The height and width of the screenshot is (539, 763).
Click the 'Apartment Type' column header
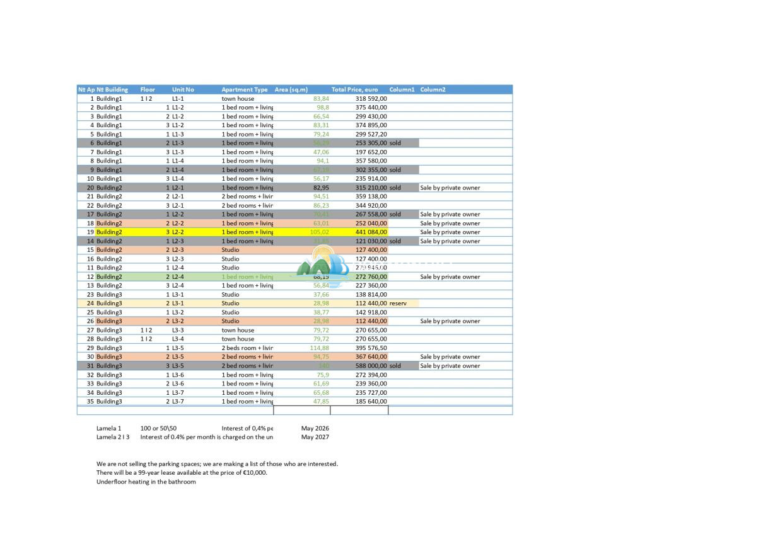click(x=244, y=89)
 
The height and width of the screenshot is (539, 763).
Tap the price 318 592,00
click(x=371, y=99)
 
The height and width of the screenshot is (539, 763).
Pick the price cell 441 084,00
click(x=371, y=232)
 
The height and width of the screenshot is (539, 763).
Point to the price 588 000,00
click(x=371, y=366)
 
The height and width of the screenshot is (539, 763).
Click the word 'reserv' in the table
click(x=398, y=304)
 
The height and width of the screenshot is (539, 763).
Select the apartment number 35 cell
click(x=90, y=402)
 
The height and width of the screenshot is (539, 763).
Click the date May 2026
click(x=315, y=428)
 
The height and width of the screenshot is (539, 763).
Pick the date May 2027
click(x=315, y=437)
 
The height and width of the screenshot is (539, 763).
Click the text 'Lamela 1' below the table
click(x=108, y=428)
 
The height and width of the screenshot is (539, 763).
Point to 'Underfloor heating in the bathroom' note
click(x=146, y=482)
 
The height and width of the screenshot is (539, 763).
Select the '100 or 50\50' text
click(x=158, y=428)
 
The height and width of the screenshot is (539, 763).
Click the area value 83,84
click(x=321, y=99)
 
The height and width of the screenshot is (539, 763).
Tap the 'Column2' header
click(x=433, y=89)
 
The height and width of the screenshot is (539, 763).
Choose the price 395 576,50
click(x=371, y=348)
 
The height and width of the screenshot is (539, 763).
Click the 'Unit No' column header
click(x=183, y=89)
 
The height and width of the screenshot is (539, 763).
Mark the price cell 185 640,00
click(x=371, y=402)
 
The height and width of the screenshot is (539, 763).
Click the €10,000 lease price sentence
click(x=182, y=473)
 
